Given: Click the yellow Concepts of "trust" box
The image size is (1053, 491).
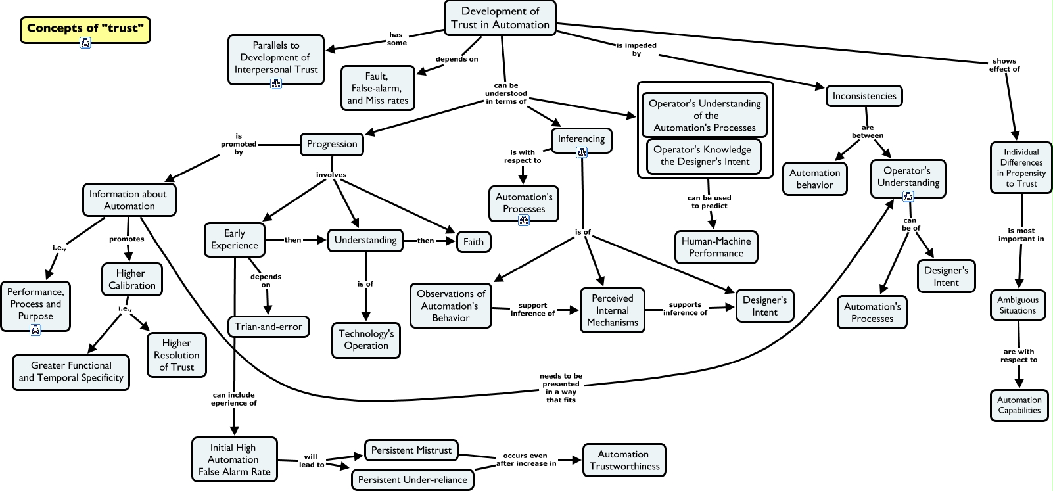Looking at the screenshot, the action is [85, 30].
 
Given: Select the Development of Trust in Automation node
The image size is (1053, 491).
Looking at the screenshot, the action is [500, 18].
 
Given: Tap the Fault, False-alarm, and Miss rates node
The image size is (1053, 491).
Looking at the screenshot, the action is [377, 88].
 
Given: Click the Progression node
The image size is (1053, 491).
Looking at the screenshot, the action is [332, 144].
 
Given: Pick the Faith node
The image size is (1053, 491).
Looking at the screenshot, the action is [473, 242].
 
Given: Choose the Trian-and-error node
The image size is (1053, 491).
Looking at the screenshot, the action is [268, 327].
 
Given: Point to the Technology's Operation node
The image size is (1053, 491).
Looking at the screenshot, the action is [366, 340].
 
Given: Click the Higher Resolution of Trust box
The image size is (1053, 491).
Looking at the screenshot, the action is [177, 355].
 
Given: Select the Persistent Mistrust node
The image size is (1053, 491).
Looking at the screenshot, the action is [411, 450].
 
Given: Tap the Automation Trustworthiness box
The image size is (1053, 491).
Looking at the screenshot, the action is [624, 460].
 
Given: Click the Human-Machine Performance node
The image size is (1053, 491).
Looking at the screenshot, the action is [716, 247].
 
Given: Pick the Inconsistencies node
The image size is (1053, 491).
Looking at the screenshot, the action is [864, 96].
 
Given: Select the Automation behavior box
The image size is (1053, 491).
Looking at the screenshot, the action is [814, 179].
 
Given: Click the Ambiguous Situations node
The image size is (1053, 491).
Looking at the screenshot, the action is [1018, 305].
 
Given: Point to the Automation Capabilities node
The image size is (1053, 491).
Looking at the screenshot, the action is [1019, 405].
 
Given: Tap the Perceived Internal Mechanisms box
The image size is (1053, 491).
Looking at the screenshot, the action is [613, 310].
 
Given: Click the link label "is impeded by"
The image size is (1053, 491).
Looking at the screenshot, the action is [636, 49].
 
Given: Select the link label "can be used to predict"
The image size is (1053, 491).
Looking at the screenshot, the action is [709, 202].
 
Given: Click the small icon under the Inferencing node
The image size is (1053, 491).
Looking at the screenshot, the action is [582, 152].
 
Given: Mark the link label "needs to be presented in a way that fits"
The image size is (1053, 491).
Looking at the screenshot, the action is [561, 388].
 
